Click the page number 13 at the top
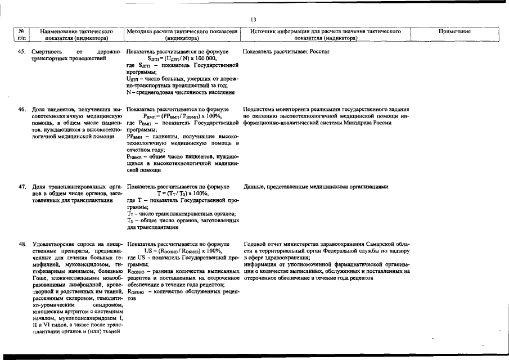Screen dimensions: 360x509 [x=254, y=20]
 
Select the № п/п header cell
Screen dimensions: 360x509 [x=21, y=35]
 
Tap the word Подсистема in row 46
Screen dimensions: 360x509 [x=261, y=109]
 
